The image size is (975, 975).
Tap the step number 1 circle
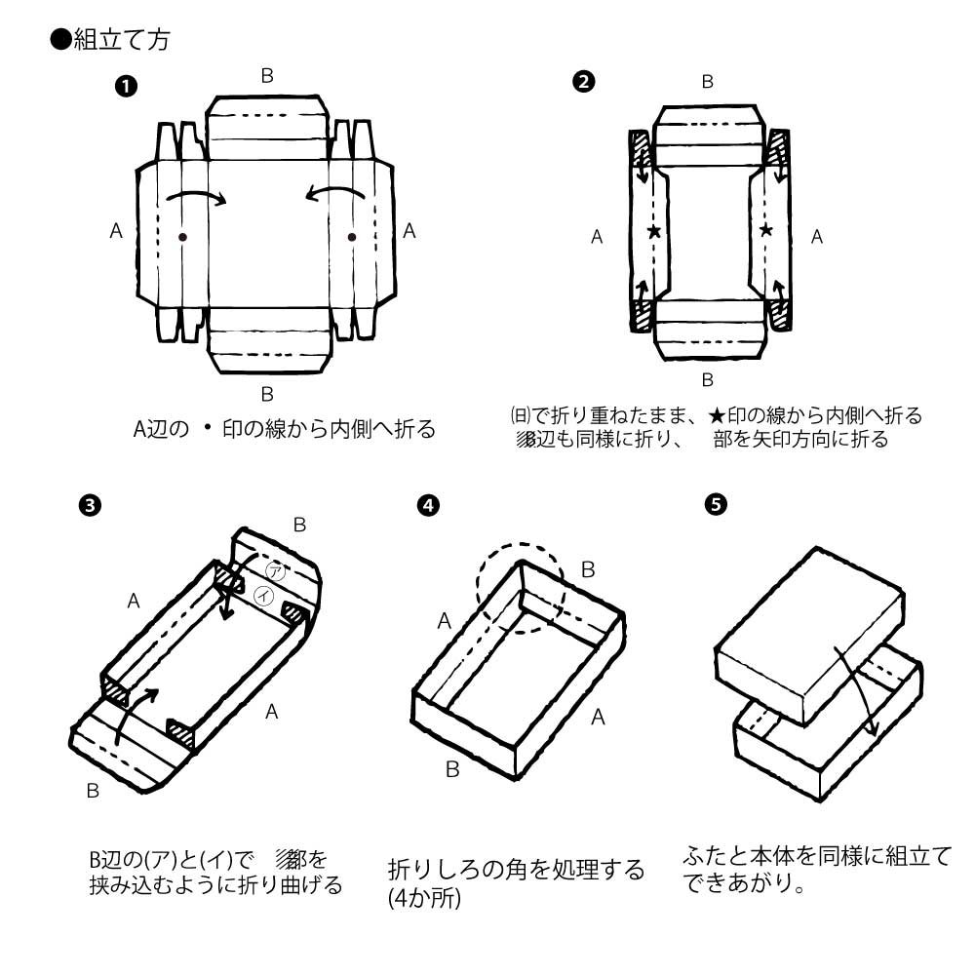pyautogui.click(x=125, y=86)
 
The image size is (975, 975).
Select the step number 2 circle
pyautogui.click(x=583, y=82)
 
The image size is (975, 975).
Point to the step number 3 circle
pyautogui.click(x=89, y=505)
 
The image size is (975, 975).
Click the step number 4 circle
pyautogui.click(x=426, y=505)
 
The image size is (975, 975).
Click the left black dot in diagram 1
pyautogui.click(x=182, y=237)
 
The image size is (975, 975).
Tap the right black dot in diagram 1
pyautogui.click(x=352, y=237)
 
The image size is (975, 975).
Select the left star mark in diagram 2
pyautogui.click(x=653, y=232)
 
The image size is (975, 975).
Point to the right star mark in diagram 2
pyautogui.click(x=766, y=231)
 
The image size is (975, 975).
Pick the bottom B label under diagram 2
pyautogui.click(x=708, y=379)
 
